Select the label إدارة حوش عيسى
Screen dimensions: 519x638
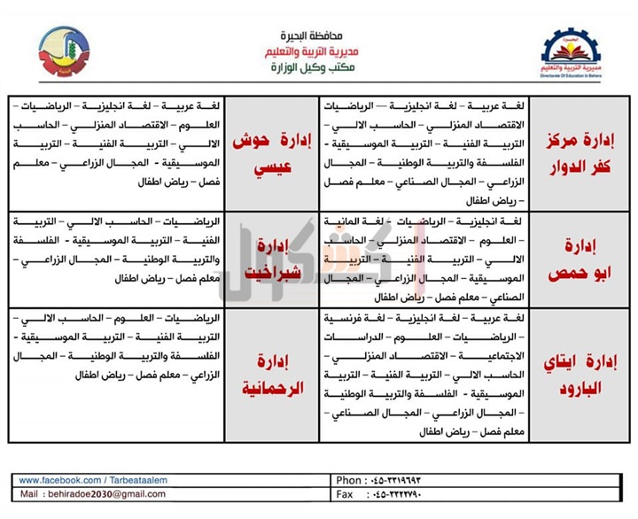coord(265,154)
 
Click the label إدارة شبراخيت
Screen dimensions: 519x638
coord(266,258)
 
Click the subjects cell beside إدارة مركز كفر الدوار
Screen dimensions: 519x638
coord(432,152)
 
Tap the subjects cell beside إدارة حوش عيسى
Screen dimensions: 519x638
coord(115,152)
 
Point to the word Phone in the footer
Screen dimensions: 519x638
coord(351,480)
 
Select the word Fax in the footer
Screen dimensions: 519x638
coord(346,494)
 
